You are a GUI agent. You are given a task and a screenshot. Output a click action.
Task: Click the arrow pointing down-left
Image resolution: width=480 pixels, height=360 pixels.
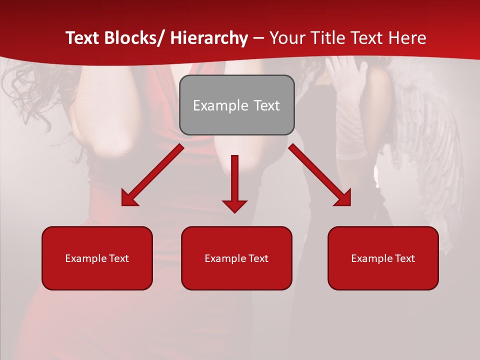coord(152,175)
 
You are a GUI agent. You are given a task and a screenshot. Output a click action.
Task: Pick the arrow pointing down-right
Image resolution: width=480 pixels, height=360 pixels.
coord(320,175)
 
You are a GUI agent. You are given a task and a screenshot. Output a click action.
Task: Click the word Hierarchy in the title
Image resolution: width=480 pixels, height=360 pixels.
coord(209,38)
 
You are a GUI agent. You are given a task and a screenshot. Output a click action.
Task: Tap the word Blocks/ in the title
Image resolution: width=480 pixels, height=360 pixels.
coord(135,38)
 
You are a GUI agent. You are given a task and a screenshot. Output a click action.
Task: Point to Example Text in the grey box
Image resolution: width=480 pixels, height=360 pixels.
coord(236,105)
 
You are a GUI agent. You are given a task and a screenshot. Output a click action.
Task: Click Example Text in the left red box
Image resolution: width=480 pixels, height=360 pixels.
coord(97,258)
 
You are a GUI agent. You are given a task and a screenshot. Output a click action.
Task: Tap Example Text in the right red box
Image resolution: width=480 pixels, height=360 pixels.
coord(383,258)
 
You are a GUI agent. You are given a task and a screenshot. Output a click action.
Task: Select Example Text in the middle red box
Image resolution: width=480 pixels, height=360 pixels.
coord(236,258)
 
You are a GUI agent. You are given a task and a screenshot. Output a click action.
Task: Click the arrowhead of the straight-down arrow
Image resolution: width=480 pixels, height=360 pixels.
coord(234,205)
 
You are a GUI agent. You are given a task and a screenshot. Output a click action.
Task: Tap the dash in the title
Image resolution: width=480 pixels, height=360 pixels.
coord(258,38)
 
